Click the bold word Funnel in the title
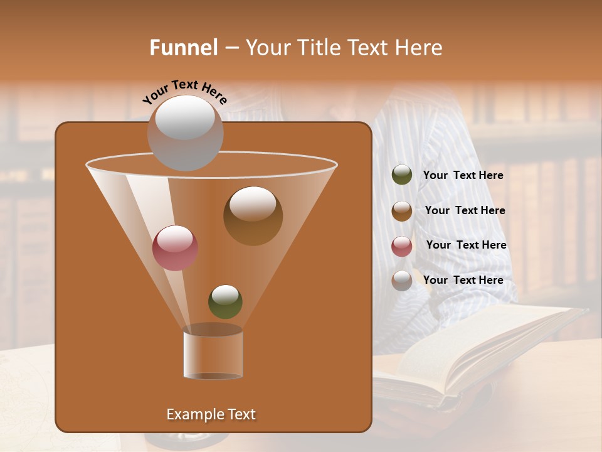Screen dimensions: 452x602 tap(184, 48)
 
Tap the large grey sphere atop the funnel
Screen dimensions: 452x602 tap(185, 132)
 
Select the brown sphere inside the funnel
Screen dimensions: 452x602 tap(253, 216)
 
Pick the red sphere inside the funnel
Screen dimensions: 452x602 tap(175, 248)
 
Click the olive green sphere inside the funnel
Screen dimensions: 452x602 tap(225, 302)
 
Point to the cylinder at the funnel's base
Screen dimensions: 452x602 tap(213, 353)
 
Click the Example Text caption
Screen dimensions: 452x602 tap(211, 414)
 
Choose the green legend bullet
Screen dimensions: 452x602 tap(402, 175)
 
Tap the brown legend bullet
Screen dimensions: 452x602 tap(402, 211)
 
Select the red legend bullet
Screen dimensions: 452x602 tap(402, 246)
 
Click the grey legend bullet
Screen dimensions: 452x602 tap(402, 281)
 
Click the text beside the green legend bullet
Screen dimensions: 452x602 tap(463, 176)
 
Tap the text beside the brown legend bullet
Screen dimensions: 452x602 tap(465, 211)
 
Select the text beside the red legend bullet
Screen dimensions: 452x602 tap(466, 245)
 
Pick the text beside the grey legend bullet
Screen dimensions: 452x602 tap(463, 280)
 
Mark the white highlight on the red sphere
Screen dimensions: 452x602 tap(175, 237)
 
